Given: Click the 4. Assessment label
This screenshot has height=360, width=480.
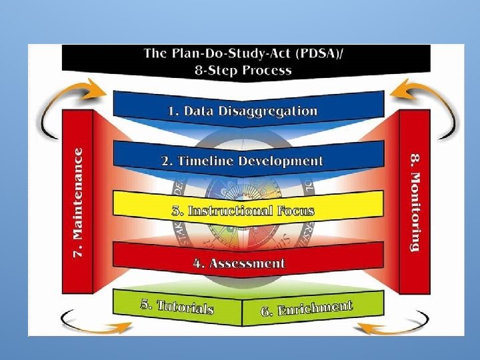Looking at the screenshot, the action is tap(239, 263).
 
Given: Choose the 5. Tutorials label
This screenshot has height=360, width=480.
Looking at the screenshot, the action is tap(177, 306).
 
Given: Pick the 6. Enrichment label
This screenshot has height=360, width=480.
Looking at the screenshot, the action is tap(306, 309).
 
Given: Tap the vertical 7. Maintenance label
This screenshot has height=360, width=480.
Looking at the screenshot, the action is tap(78, 203).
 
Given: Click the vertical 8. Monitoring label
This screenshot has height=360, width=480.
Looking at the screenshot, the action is tap(415, 203).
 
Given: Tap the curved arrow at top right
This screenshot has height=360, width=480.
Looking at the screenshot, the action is tap(427, 100).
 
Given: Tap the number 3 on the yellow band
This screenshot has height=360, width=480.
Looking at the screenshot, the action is tap(176, 211).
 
